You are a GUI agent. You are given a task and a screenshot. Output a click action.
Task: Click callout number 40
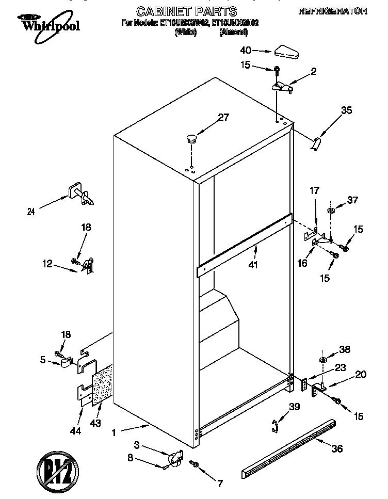click(x=246, y=51)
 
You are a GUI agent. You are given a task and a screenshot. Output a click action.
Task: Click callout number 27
click(x=222, y=117)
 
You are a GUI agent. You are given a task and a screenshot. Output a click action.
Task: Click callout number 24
click(x=31, y=211)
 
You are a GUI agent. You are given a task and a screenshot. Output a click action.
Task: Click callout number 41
click(x=253, y=265)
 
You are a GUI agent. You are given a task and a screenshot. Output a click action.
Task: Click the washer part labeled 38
click(x=322, y=360)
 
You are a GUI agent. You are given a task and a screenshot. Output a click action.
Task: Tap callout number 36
click(x=336, y=448)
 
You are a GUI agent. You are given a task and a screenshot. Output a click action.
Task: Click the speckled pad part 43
click(x=103, y=385)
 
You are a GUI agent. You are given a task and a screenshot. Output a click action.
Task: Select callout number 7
click(x=219, y=484)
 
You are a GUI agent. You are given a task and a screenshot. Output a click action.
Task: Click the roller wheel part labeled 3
click(x=175, y=457)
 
